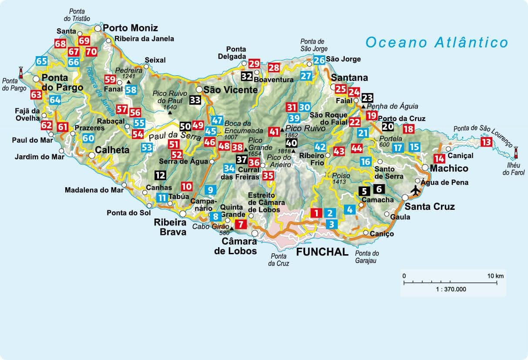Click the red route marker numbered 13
[486, 142]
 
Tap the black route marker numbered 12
[160, 175]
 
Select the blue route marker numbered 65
[42, 61]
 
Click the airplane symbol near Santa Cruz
[416, 191]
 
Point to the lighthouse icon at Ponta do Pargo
[20, 71]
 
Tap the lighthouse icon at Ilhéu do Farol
[516, 152]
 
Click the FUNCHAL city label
[323, 252]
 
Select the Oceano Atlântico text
[437, 42]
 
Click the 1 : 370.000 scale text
[449, 289]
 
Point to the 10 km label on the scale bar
[495, 276]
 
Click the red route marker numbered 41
[274, 131]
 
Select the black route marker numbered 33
[195, 100]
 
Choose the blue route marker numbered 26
[319, 60]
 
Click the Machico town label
[449, 168]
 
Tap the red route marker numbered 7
[241, 225]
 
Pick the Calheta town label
[115, 150]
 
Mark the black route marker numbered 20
[388, 127]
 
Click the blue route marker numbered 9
[210, 190]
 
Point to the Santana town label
[349, 78]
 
